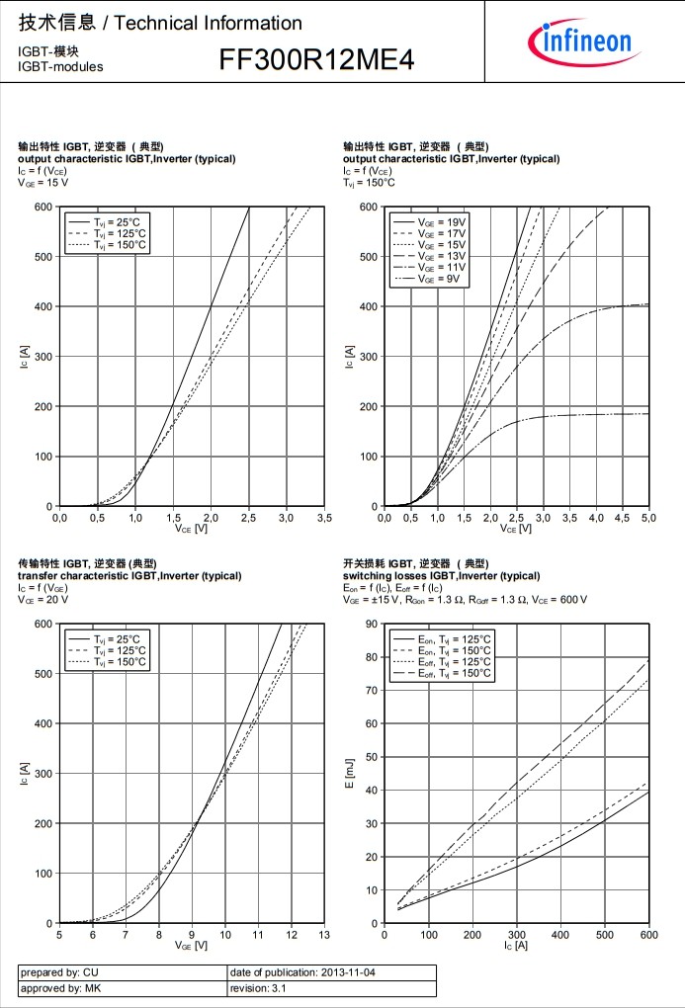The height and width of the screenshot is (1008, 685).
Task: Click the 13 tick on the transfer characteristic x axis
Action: click(323, 934)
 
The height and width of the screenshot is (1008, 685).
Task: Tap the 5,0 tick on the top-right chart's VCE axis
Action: click(648, 517)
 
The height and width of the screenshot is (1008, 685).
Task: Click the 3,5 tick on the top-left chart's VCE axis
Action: click(323, 517)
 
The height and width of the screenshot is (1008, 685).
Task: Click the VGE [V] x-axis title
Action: click(191, 946)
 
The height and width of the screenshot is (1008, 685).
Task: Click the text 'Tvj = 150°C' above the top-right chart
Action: click(369, 182)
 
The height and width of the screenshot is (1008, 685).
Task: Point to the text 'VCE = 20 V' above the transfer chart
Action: click(43, 599)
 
